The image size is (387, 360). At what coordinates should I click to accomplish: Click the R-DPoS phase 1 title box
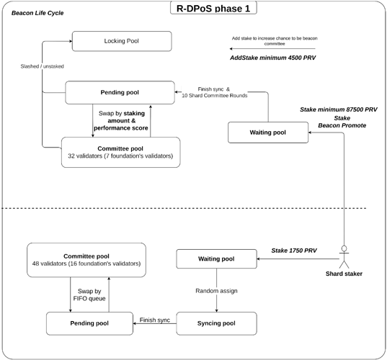[213, 8]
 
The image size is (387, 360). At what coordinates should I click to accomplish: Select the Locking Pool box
[122, 41]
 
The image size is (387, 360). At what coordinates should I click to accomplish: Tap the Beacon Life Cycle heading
[37, 13]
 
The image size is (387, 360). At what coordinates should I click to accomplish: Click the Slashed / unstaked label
[43, 66]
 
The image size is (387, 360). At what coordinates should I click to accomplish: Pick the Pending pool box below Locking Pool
[120, 92]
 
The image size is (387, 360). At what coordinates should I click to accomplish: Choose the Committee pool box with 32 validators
[120, 152]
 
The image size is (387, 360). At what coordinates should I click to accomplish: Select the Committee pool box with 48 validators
[86, 260]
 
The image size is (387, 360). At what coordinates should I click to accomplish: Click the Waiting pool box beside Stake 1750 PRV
[216, 259]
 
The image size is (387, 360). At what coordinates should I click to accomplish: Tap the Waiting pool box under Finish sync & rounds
[268, 132]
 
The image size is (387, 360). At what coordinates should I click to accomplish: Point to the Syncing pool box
[216, 323]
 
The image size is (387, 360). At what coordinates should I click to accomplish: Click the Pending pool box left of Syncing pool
[89, 323]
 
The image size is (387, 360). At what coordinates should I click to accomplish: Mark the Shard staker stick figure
[344, 257]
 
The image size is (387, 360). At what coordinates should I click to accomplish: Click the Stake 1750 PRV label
[294, 251]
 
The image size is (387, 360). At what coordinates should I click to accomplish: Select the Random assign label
[216, 291]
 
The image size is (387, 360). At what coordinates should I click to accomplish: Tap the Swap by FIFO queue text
[89, 295]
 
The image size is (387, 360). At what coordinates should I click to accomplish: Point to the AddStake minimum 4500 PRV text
[273, 58]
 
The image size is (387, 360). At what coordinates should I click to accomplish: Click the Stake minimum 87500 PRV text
[339, 109]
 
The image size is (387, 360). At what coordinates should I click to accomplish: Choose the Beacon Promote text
[342, 125]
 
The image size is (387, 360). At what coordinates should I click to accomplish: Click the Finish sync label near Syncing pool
[155, 320]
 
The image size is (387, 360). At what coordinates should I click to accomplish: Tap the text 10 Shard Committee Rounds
[215, 96]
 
